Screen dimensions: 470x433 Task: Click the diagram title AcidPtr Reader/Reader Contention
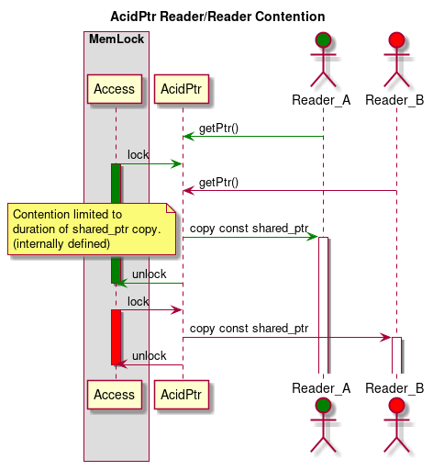[x=216, y=17]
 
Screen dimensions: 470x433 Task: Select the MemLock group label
[x=115, y=39]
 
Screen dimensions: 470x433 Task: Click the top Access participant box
[x=115, y=89]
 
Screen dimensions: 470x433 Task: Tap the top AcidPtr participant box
[x=182, y=89]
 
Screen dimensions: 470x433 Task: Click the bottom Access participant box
[x=115, y=394]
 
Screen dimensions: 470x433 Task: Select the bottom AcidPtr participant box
[x=182, y=394]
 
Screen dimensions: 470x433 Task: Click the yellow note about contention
[x=92, y=229]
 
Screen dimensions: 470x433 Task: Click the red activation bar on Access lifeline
[x=116, y=337]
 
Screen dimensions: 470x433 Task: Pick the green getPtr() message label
[x=218, y=129]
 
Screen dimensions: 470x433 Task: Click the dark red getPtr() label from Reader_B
[x=218, y=183]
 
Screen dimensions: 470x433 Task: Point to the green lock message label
[x=139, y=155]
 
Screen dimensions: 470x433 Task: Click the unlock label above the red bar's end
[x=150, y=356]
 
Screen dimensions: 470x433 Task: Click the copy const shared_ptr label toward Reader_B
[x=249, y=329]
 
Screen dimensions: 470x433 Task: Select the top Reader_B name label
[x=394, y=99]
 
